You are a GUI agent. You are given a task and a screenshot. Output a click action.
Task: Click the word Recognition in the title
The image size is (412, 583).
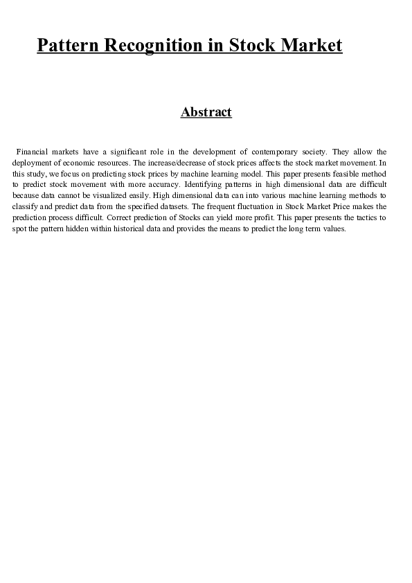tap(150, 46)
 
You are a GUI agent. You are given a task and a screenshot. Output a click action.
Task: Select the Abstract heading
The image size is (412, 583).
tap(206, 112)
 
